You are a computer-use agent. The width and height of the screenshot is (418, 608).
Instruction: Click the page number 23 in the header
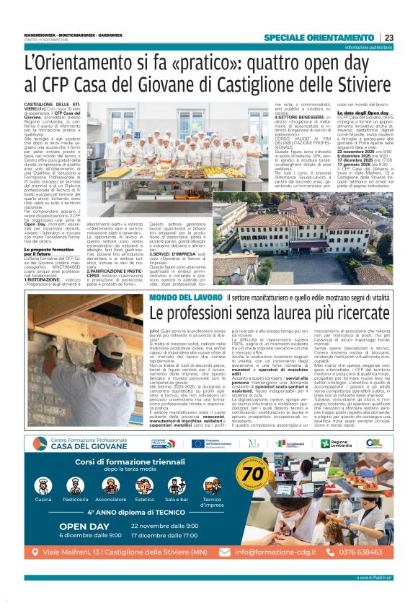[388, 38]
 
